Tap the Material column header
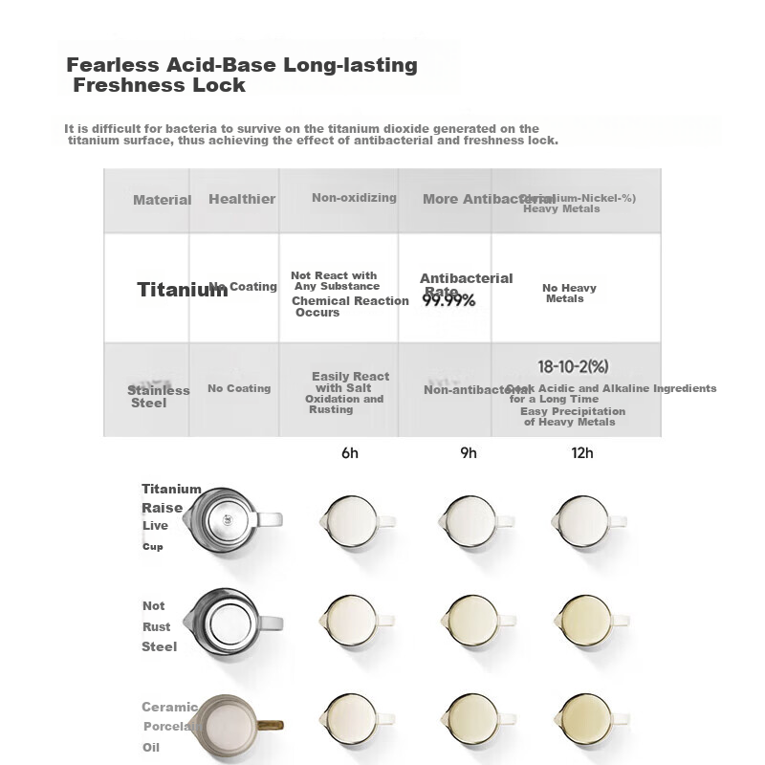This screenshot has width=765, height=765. pos(162,200)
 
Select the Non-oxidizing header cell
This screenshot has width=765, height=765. pos(354,198)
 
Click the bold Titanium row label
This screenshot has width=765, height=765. pos(182,290)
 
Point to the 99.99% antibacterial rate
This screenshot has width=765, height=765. pos(448,300)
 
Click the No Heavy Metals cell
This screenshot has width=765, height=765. pos(568,293)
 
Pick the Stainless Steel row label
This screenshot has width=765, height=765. pos(158,396)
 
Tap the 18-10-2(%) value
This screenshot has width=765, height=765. pos(573,367)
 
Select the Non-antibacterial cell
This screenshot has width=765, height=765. pos(476,389)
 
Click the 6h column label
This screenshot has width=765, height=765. pos(350,453)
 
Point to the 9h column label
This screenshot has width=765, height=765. pos(468,453)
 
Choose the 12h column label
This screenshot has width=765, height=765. pos(581,453)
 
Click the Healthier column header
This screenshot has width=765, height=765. pos(242,199)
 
